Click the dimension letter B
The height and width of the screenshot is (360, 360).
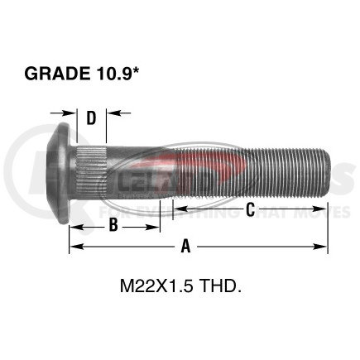click(x=114, y=224)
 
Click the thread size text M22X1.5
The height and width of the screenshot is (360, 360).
click(x=158, y=289)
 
